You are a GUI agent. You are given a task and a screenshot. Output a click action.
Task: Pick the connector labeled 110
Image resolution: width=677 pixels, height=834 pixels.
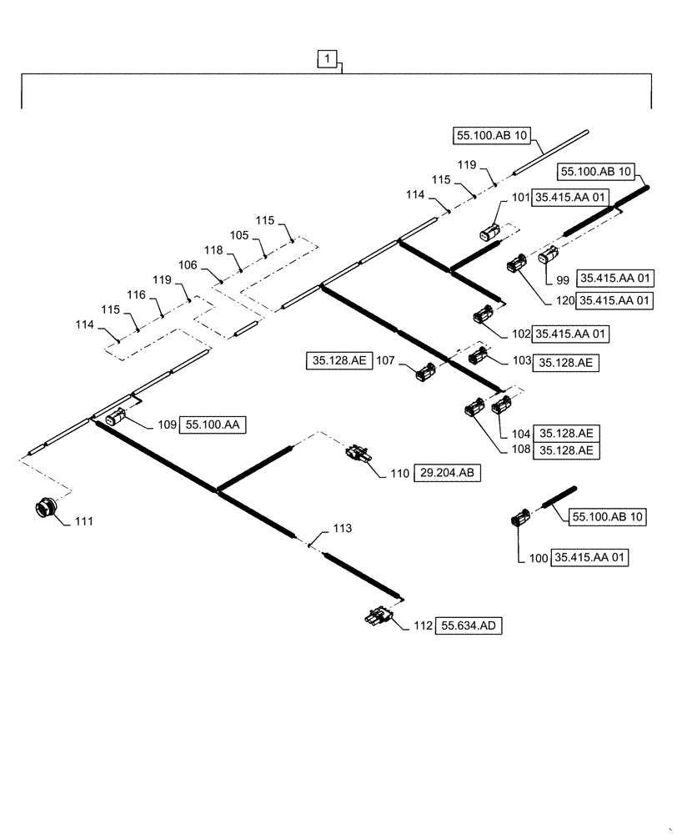[x=359, y=455]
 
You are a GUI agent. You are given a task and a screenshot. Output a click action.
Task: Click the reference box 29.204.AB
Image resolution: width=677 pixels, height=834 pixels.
[x=448, y=473]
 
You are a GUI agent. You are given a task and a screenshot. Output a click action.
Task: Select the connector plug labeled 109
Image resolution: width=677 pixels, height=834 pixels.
[x=116, y=415]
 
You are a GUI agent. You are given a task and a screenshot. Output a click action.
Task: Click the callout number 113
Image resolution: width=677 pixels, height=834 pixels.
[x=343, y=529]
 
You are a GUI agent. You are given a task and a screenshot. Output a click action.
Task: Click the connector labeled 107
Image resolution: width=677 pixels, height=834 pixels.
[x=424, y=373]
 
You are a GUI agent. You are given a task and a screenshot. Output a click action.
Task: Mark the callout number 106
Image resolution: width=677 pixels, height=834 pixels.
[x=188, y=265]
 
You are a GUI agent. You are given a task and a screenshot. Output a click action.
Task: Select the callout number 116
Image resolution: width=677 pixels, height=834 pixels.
[x=137, y=295]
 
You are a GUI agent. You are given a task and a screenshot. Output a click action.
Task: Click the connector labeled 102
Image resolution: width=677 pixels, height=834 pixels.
[x=483, y=315]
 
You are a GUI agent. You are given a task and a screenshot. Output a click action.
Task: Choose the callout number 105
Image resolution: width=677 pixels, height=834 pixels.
[x=238, y=235]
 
